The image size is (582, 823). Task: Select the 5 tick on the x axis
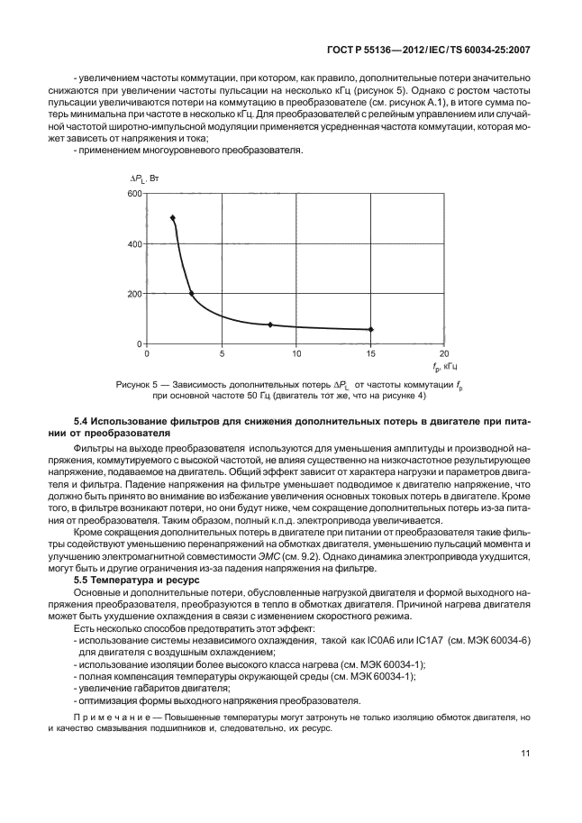223,353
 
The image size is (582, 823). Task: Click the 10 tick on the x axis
296,353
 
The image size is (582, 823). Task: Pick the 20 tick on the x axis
443,353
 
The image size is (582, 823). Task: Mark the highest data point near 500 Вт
173,218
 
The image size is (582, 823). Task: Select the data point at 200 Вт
191,293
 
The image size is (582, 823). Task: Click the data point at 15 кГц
370,329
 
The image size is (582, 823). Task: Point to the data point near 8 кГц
269,325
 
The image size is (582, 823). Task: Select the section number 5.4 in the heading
80,422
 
